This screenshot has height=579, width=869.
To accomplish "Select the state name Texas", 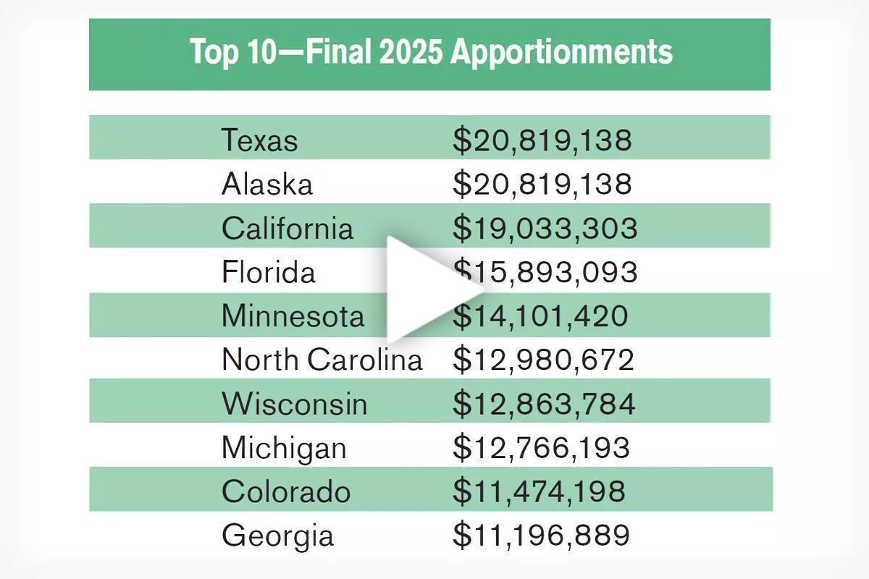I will click(x=259, y=140).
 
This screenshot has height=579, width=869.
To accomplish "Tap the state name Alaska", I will click(x=267, y=184).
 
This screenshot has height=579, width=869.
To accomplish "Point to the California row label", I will click(x=287, y=228).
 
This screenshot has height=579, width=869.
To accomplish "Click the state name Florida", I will click(x=269, y=272).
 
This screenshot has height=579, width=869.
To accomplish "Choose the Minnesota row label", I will click(x=293, y=316).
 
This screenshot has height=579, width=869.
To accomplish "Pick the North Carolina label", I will click(x=322, y=360).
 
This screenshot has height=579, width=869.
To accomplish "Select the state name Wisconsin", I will click(x=294, y=403).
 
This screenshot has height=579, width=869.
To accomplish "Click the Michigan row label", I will click(x=284, y=448).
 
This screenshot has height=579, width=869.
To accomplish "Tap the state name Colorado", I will click(x=286, y=491).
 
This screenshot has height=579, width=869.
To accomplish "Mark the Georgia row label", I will click(x=277, y=536).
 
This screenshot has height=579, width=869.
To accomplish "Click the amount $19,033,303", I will click(x=545, y=228).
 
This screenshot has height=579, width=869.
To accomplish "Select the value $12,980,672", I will click(x=543, y=360).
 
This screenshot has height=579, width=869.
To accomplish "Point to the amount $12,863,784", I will click(x=544, y=403).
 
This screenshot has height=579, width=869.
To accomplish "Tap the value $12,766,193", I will click(x=541, y=448).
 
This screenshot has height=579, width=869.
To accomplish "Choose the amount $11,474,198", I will click(x=539, y=491).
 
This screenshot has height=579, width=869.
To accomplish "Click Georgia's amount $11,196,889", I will click(x=541, y=536).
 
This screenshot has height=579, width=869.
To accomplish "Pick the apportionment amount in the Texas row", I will click(x=542, y=140).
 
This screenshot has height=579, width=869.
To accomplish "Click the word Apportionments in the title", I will click(x=562, y=53).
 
